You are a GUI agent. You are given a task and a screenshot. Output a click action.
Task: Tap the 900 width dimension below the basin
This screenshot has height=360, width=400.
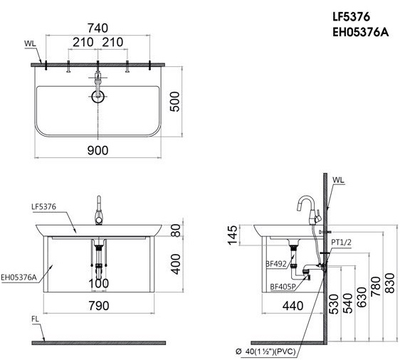(x=98, y=150)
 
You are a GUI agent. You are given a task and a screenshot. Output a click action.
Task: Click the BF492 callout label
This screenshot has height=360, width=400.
(x=275, y=264)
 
